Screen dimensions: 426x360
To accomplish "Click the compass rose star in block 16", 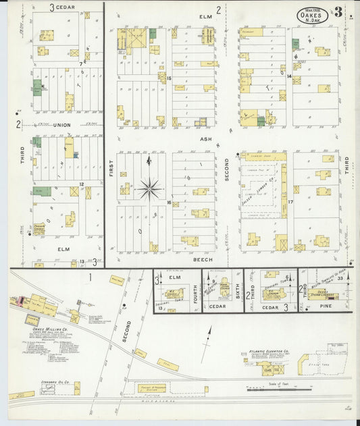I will click(149, 187).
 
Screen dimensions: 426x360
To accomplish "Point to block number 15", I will click(170, 79).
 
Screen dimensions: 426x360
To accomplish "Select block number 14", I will click(289, 76).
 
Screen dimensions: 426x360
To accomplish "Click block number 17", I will click(290, 202).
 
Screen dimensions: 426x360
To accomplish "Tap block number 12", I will click(81, 184).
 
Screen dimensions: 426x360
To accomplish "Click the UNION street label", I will click(62, 125).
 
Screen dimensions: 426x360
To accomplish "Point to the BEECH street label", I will click(203, 259).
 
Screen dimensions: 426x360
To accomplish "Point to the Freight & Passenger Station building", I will click(153, 388).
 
